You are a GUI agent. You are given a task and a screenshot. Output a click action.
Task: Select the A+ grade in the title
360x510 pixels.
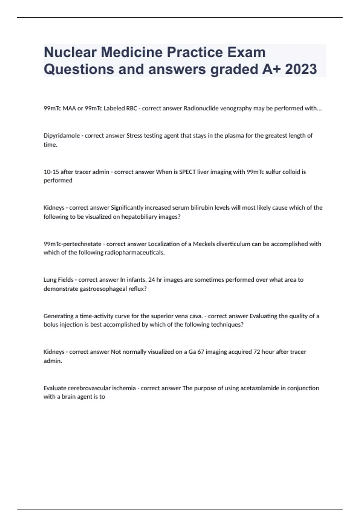271,69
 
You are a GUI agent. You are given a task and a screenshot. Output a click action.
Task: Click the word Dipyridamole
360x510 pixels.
61,136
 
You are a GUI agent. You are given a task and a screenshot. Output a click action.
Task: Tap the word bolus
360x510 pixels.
50,325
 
